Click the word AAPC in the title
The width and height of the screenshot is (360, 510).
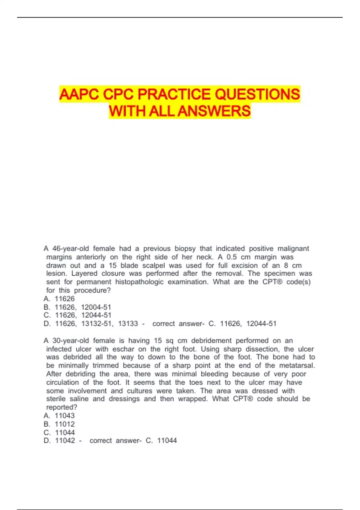coord(79,94)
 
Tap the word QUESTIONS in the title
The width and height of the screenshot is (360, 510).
coord(257,94)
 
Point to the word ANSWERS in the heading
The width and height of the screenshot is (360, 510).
coord(214,111)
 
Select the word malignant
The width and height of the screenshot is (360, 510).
coord(293,249)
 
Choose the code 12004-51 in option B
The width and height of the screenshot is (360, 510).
coord(96,307)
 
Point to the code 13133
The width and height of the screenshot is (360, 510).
coord(128,324)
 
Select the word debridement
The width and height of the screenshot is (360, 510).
coord(211,341)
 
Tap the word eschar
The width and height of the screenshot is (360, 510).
coord(123,349)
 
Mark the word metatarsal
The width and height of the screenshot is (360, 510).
coord(297,366)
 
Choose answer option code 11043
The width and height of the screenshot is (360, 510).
coord(65,416)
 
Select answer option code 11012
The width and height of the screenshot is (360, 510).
coord(65,424)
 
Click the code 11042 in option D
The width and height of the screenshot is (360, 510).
coord(65,441)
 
